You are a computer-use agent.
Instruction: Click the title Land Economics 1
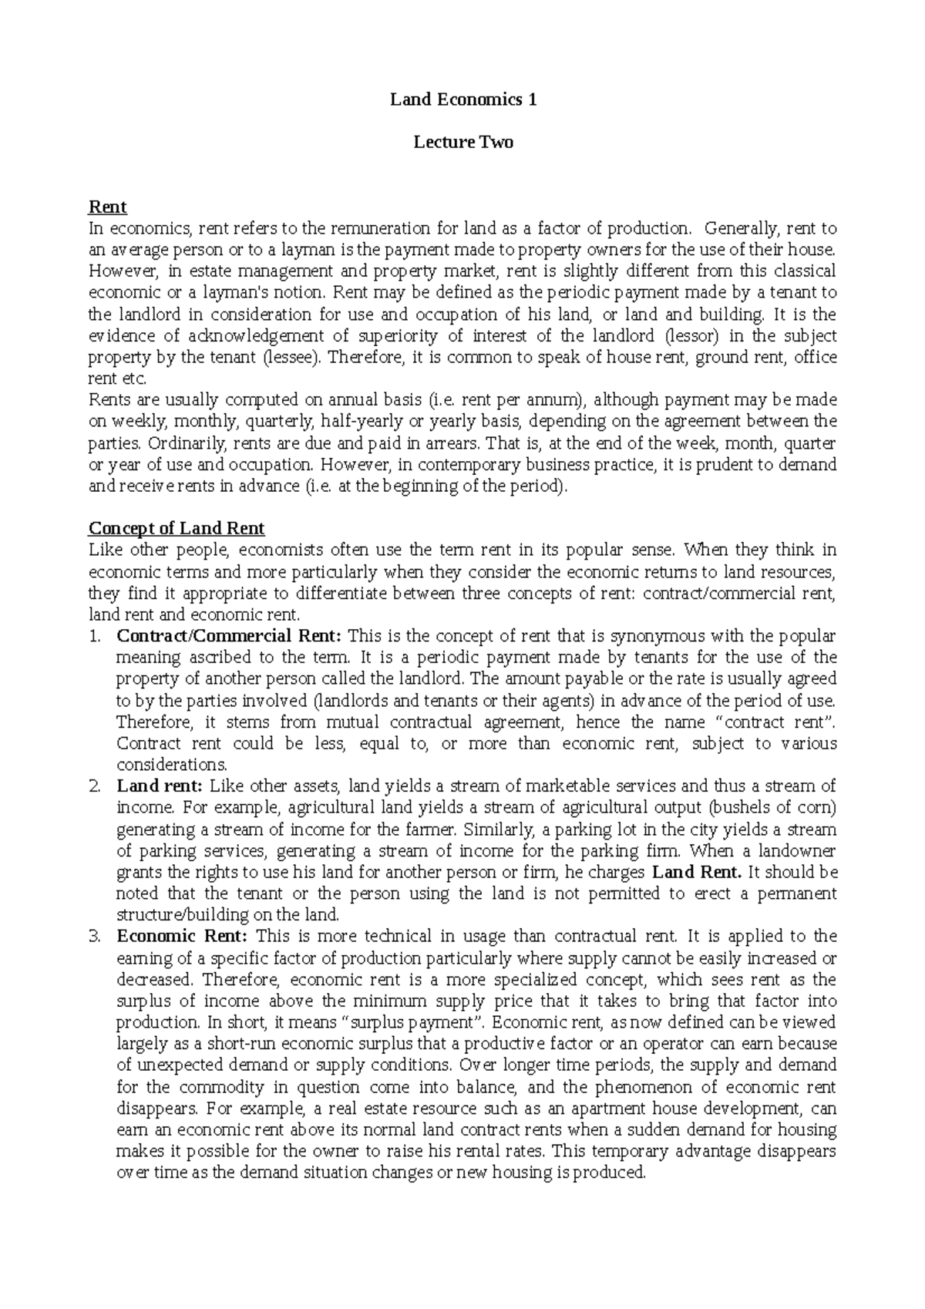click(x=462, y=99)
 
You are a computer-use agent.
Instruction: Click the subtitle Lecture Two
click(x=462, y=143)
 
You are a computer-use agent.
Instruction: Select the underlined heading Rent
click(x=108, y=207)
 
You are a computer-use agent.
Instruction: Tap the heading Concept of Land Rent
click(x=177, y=529)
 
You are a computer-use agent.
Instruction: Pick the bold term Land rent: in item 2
click(x=160, y=786)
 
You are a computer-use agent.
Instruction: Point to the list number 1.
click(x=94, y=637)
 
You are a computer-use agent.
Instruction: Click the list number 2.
click(x=94, y=787)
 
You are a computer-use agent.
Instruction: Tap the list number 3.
click(x=94, y=937)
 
